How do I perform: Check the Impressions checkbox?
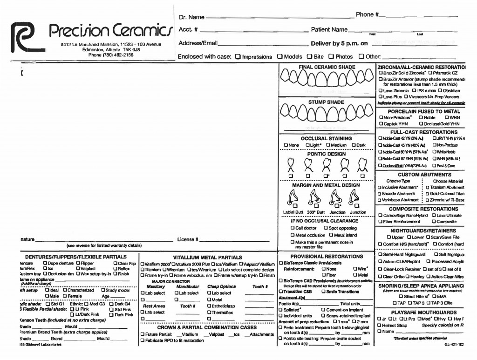click(x=238, y=57)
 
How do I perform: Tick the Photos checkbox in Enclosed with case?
click(x=331, y=57)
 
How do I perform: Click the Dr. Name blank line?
click(x=279, y=18)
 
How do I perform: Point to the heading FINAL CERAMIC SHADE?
click(x=327, y=67)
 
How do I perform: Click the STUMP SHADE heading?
click(x=326, y=102)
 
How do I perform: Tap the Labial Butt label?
click(x=293, y=212)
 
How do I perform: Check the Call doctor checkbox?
click(x=292, y=228)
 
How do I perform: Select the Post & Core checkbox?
click(x=434, y=166)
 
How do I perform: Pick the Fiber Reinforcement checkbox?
click(x=380, y=222)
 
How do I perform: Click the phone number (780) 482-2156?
click(x=111, y=54)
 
